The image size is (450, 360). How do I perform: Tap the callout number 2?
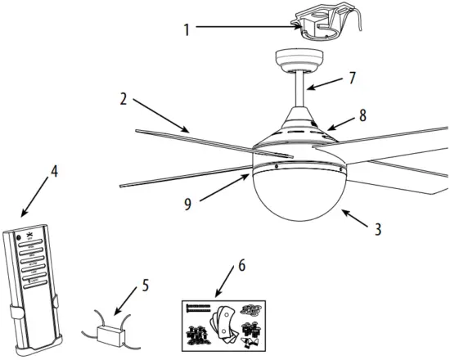(x=122, y=101)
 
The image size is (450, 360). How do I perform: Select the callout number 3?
(x=377, y=230)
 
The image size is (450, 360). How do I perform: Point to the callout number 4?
(x=54, y=173)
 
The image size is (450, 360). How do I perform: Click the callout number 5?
(x=145, y=286)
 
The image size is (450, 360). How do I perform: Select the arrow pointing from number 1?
(x=245, y=28)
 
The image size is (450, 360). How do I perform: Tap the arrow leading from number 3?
(x=357, y=219)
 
